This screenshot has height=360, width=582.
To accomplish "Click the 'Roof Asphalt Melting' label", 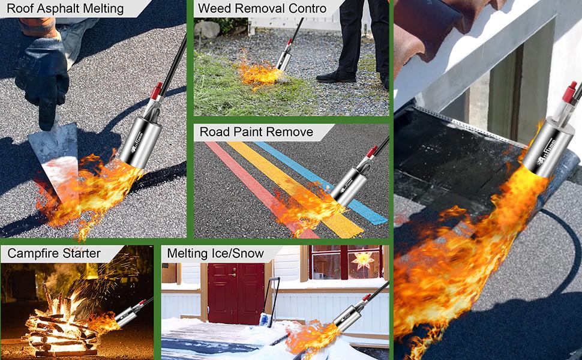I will pos(65,9).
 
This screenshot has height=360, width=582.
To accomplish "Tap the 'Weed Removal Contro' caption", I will pos(262,9).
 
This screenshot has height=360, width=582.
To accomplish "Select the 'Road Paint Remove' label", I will pos(256,131).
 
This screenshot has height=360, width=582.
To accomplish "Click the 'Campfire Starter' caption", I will pos(54,253).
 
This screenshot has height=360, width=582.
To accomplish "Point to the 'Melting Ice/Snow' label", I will pos(215,253).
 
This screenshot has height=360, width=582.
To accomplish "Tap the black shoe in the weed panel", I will pos(336,76).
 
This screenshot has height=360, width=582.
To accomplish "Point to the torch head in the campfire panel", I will pos(128,316).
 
